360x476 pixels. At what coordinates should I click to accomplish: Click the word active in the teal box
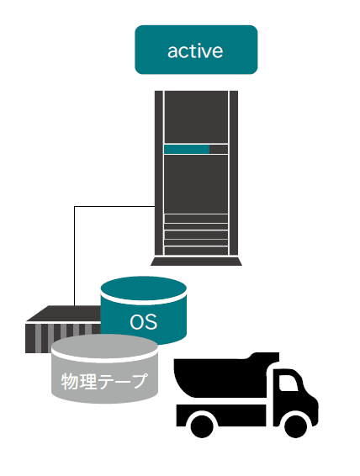(195, 50)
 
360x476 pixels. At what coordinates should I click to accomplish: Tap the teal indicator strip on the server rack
(187, 149)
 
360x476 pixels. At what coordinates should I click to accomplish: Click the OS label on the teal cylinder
(143, 322)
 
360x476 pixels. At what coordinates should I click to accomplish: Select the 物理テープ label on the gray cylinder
(104, 381)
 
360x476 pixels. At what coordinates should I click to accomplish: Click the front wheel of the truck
(295, 426)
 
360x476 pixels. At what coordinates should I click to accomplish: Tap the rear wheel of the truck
(202, 426)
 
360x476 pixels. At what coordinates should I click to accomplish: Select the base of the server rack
(196, 262)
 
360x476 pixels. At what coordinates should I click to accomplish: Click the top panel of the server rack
(196, 117)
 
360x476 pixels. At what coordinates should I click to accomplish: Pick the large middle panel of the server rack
(196, 184)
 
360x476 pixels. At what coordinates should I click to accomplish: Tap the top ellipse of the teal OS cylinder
(143, 288)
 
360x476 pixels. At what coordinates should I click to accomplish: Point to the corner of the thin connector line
(74, 206)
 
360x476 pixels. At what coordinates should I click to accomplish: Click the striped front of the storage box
(62, 338)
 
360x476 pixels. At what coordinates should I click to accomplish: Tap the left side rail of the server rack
(159, 173)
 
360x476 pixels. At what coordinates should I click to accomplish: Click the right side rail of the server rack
(234, 173)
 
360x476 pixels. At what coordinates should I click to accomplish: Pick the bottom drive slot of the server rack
(196, 251)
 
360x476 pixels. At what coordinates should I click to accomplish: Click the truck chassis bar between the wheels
(221, 415)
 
